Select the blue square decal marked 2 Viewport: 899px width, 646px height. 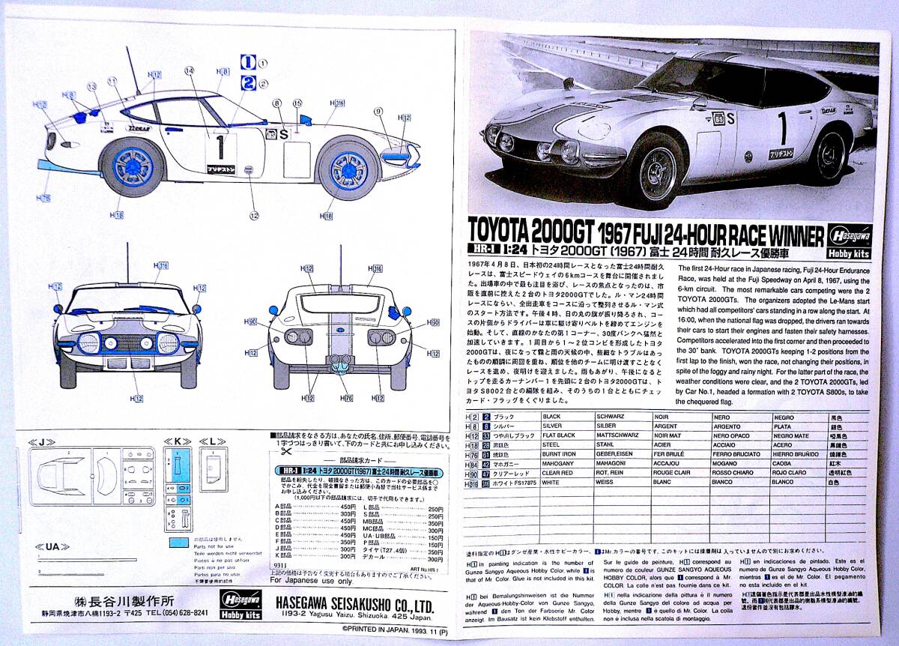coord(246,82)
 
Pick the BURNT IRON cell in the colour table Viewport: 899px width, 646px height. coord(562,453)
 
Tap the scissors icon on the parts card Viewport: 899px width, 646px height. coord(284,451)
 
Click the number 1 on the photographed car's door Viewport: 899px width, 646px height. coord(783,128)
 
